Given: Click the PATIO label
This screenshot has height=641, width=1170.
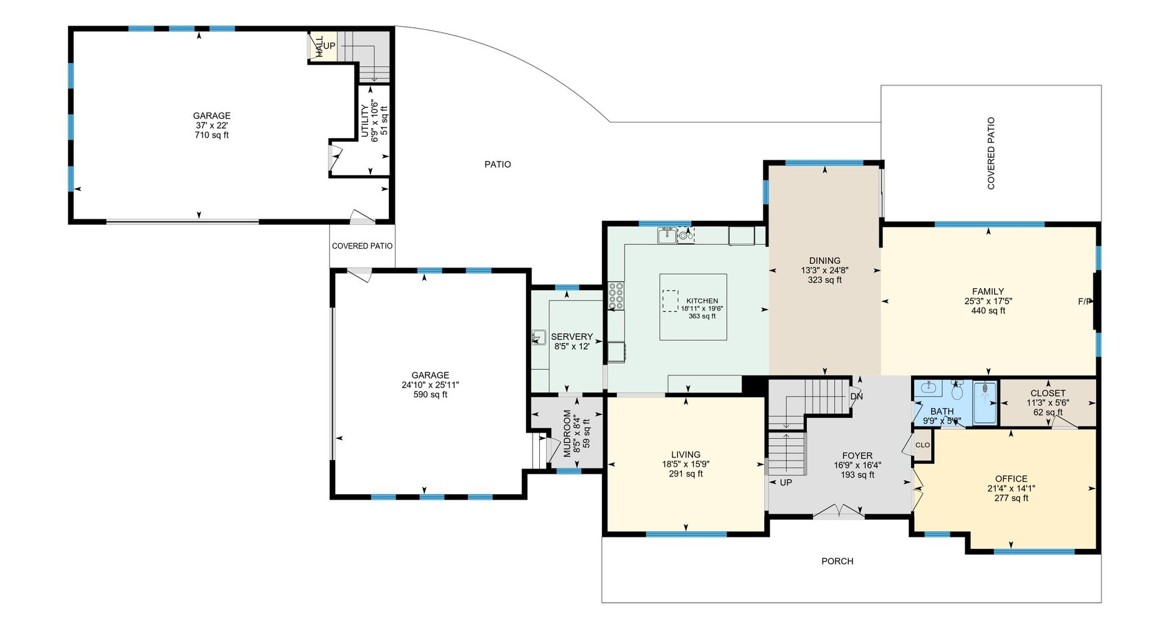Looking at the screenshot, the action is click(497, 165).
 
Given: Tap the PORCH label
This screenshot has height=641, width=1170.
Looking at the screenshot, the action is click(837, 561).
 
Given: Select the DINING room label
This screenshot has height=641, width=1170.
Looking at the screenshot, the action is click(824, 261).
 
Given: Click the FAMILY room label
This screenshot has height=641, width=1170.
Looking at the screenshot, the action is click(988, 292).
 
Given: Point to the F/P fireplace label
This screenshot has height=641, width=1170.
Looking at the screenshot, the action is click(1085, 302).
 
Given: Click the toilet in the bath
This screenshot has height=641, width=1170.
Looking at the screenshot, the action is click(957, 390).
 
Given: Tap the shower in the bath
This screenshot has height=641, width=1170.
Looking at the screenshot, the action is click(985, 402).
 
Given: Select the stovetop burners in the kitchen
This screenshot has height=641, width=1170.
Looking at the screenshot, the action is click(616, 296).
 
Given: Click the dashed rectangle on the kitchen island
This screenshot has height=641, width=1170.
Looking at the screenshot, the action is click(670, 302).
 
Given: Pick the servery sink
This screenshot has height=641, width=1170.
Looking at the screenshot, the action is click(539, 338).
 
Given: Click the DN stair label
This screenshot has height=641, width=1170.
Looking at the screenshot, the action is click(856, 397).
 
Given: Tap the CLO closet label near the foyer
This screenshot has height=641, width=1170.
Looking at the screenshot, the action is click(923, 445).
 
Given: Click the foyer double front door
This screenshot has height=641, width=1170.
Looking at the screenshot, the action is click(839, 512).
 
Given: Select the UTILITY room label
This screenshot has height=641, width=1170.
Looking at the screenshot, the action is click(365, 121).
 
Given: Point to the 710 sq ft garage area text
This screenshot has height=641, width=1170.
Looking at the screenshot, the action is click(211, 135).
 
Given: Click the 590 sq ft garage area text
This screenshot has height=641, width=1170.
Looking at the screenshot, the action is click(430, 395).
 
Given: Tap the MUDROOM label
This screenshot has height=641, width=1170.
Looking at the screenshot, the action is click(567, 433).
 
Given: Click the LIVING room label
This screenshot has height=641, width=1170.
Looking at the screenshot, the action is click(686, 455).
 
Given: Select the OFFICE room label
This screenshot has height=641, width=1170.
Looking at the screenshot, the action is click(1011, 479).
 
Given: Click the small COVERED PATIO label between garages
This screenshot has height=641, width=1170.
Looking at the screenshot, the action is click(362, 246).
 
